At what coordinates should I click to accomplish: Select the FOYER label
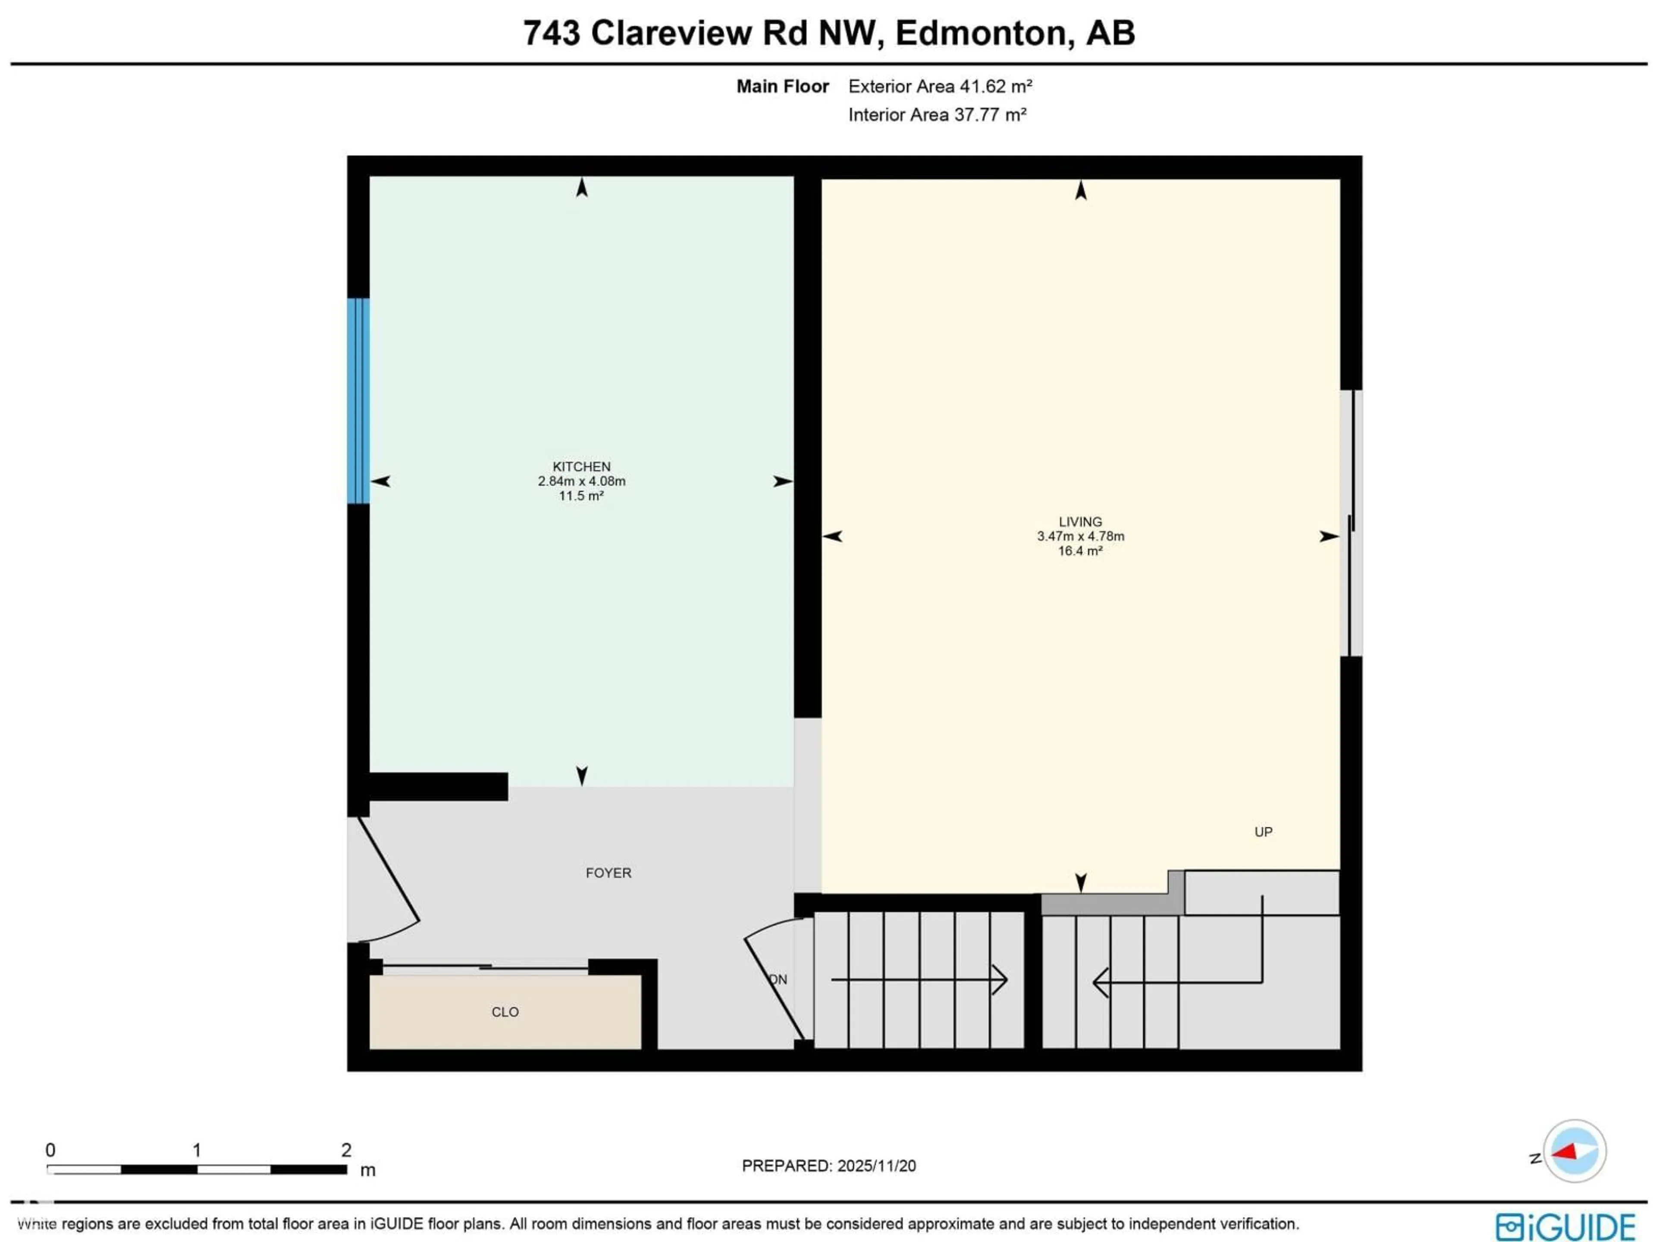(608, 873)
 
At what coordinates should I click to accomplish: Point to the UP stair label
(1263, 832)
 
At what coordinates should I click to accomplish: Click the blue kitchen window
(358, 401)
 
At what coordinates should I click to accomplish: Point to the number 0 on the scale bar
(50, 1150)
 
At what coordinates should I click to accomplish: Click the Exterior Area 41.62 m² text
(940, 87)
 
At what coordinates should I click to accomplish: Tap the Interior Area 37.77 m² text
(937, 115)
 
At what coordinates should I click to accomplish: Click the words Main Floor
(782, 87)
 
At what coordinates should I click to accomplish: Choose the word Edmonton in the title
(981, 33)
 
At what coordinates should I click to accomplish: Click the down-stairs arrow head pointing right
(1001, 980)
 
